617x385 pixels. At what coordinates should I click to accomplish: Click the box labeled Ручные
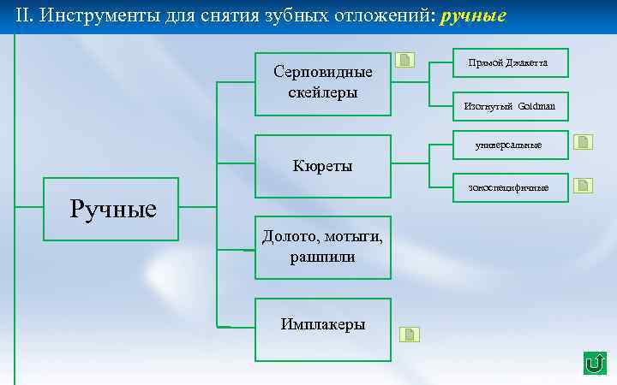point(111,209)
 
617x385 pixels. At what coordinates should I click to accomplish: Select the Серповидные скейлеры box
point(322,83)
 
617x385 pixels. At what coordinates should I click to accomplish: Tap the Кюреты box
point(322,165)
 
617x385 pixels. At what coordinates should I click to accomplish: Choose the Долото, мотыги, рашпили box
point(322,247)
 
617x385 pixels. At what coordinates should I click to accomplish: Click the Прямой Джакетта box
point(510,62)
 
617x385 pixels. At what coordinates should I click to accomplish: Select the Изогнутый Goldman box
point(510,106)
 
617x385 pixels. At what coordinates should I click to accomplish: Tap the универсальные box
point(510,145)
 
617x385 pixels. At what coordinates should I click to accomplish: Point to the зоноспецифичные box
point(510,187)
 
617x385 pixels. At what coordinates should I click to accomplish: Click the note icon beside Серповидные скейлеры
point(406,60)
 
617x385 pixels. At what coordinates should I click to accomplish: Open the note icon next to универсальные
point(584,141)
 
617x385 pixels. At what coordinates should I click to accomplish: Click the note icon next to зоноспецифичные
point(584,185)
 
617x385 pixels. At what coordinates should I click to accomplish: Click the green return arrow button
point(593,363)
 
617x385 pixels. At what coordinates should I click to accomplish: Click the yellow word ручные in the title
point(473,16)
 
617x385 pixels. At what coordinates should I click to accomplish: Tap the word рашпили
point(322,257)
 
